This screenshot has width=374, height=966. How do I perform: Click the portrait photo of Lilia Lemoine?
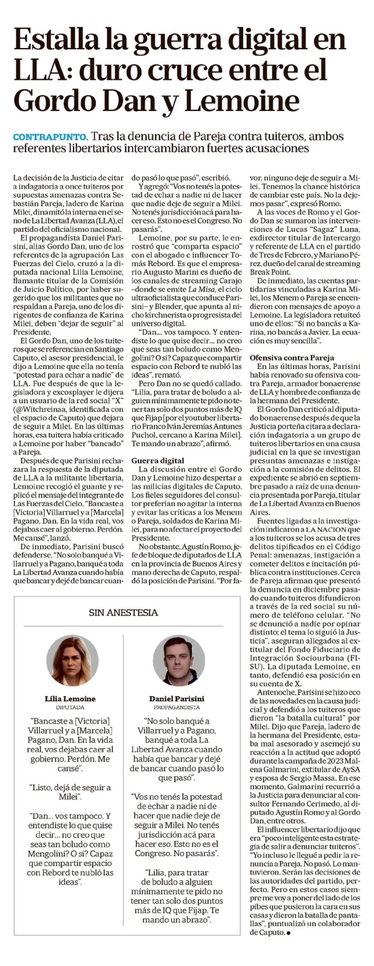(x=72, y=660)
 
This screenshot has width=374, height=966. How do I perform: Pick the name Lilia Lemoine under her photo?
(x=70, y=699)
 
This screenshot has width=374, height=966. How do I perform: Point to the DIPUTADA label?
(x=70, y=708)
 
